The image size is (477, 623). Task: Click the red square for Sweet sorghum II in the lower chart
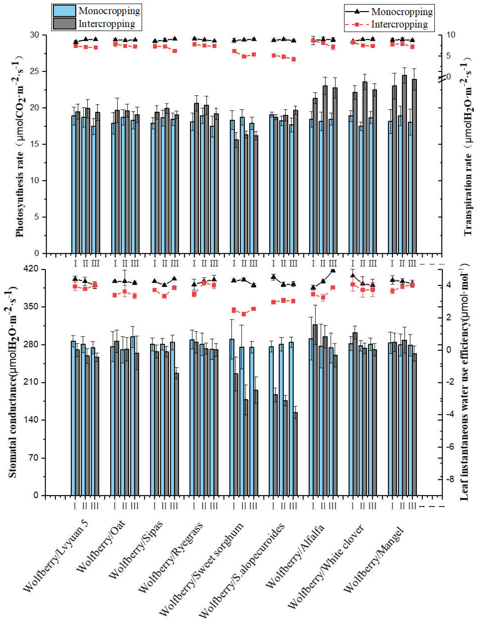244,314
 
